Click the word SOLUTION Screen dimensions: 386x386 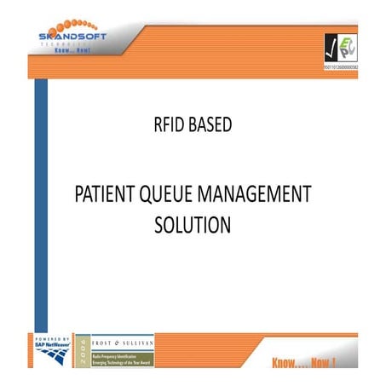point(193,226)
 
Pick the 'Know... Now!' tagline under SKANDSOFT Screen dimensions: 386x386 point(72,50)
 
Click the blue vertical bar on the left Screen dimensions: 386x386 point(40,205)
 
